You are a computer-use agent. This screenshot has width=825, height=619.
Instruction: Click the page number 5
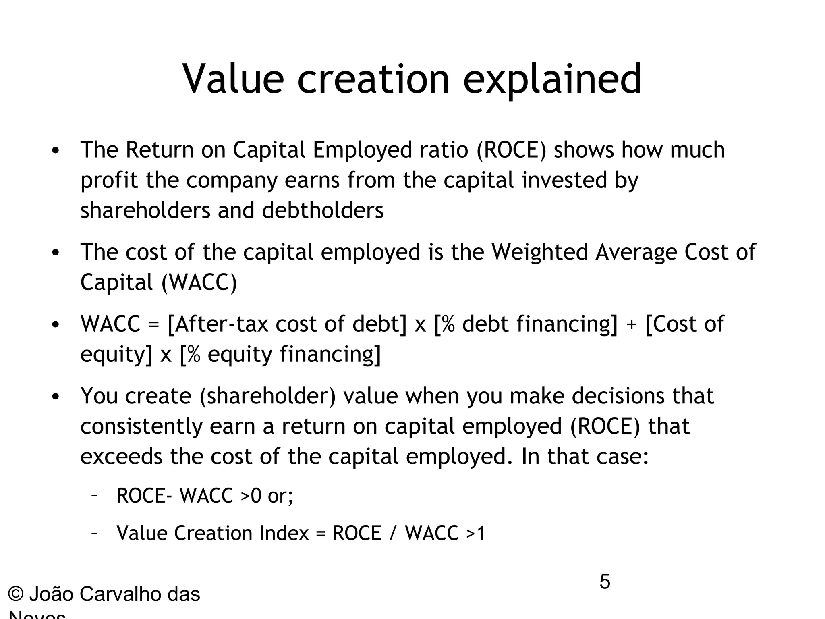[x=605, y=582]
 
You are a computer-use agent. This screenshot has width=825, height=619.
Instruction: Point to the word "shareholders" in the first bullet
[x=145, y=210]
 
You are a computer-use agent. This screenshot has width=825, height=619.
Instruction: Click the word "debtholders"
[x=323, y=210]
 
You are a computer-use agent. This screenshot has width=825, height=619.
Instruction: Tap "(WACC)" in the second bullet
[x=199, y=282]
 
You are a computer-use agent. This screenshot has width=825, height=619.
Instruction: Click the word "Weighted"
[x=540, y=252]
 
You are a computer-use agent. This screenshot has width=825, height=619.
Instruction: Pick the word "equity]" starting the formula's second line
[x=116, y=355]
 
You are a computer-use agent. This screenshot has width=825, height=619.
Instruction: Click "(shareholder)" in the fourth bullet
[x=267, y=396]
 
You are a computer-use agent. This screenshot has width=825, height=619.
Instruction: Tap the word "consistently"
[x=141, y=426]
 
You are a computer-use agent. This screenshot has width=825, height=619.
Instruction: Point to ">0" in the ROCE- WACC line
[x=251, y=495]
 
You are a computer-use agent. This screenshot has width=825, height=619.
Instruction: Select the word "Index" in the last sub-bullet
[x=284, y=533]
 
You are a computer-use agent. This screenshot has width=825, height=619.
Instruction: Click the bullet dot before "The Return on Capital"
[x=56, y=151]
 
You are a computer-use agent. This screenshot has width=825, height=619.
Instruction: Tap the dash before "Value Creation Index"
[x=93, y=533]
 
